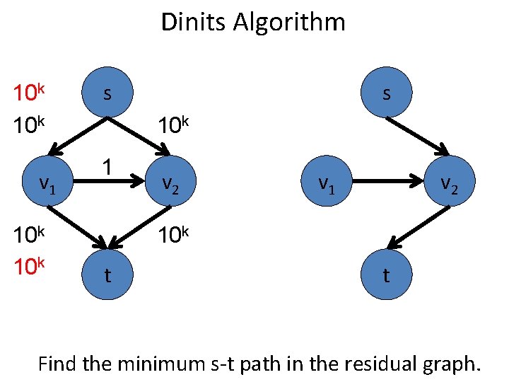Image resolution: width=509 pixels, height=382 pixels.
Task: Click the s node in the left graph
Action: (x=107, y=93)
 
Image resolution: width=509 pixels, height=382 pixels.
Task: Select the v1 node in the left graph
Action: (x=46, y=184)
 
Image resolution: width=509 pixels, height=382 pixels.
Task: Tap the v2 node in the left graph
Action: (x=169, y=184)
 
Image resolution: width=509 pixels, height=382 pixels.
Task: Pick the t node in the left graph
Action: (x=107, y=274)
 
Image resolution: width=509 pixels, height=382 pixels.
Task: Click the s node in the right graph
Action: (x=385, y=93)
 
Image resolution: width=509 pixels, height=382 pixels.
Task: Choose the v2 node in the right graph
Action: (x=447, y=184)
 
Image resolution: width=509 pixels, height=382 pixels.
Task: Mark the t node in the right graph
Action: (x=385, y=274)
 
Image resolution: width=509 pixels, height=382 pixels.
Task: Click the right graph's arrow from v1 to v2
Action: (x=385, y=183)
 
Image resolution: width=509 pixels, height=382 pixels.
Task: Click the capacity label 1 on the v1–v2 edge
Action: (x=106, y=168)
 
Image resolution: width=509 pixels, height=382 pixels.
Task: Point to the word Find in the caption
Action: (x=59, y=364)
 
